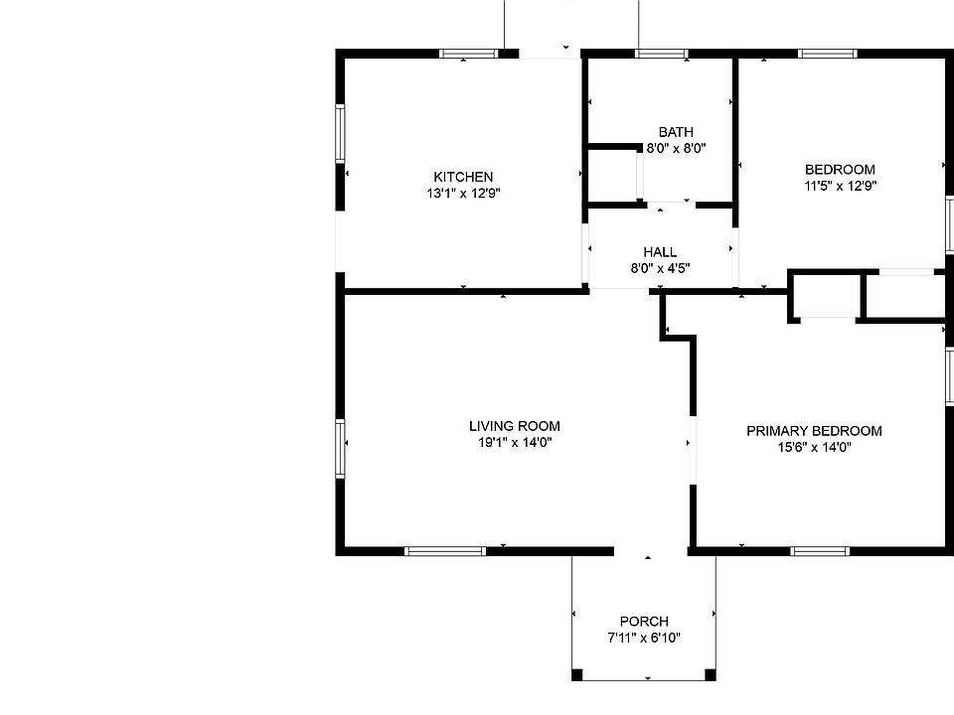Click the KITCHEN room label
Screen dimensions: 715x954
[x=462, y=177]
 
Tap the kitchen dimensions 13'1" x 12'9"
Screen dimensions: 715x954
[x=462, y=194]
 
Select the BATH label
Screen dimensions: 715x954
[x=676, y=132]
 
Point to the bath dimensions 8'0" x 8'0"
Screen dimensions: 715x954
[x=676, y=148]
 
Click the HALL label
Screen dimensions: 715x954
[x=660, y=252]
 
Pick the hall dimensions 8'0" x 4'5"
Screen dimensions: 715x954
[x=660, y=268]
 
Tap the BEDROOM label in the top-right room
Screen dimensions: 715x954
[x=840, y=169]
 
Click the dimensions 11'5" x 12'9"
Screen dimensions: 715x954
[x=840, y=185]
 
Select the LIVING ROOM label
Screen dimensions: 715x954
[x=514, y=427]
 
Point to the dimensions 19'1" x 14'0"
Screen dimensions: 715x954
[x=514, y=443]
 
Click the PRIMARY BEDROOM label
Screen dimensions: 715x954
[x=814, y=431]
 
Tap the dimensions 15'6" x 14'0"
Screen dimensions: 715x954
[x=814, y=447]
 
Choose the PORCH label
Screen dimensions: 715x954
[x=644, y=622]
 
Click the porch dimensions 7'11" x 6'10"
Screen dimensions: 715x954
[x=644, y=638]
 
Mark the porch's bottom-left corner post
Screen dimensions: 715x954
[x=577, y=675]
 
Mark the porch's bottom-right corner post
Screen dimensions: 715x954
[x=711, y=675]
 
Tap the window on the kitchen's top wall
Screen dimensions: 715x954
[x=469, y=54]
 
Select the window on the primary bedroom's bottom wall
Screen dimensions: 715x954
[x=821, y=550]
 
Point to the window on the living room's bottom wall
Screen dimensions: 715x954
[x=444, y=550]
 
